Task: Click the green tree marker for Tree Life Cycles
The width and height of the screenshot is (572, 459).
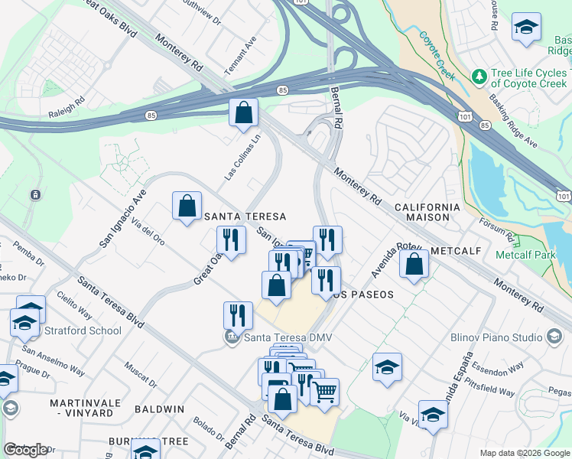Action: tap(479, 76)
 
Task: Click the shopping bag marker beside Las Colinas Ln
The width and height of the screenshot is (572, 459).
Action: tap(243, 113)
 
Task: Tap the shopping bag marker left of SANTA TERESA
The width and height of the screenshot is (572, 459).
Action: tap(187, 206)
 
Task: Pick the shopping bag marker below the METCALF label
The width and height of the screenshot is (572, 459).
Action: tap(414, 265)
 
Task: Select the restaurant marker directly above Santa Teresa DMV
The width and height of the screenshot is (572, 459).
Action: tap(238, 315)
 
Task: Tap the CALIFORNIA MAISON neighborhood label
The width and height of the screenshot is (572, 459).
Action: tap(427, 212)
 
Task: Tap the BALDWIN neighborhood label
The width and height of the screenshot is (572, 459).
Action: tap(159, 409)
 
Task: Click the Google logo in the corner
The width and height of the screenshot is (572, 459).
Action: tap(25, 450)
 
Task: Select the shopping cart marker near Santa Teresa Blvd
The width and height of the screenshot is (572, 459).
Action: tap(326, 393)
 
